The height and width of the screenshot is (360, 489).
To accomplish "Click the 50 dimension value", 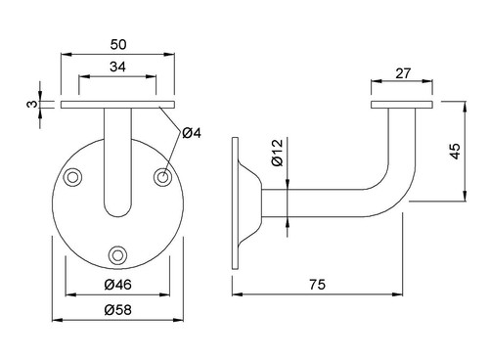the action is [x=118, y=45].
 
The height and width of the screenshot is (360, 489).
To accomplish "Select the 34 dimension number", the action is [x=117, y=67].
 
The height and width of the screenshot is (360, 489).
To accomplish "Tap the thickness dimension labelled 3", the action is [x=31, y=104].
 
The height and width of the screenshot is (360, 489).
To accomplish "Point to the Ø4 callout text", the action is [x=192, y=133].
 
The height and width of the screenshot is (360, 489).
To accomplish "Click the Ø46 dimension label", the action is [x=118, y=285].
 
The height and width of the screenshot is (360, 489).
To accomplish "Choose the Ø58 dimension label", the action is [x=118, y=310].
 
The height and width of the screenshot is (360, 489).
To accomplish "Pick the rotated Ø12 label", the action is [x=278, y=153].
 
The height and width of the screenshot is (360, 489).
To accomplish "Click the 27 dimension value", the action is [x=403, y=73].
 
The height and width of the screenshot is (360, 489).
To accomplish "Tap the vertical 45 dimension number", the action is [x=455, y=151].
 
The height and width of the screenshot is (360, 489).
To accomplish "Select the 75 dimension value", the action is [x=317, y=285].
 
